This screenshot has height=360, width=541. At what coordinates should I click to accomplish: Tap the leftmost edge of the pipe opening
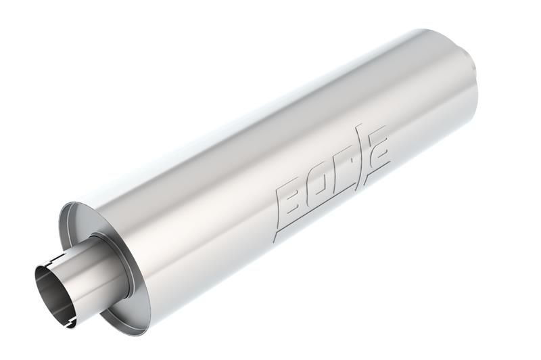point(35,284)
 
